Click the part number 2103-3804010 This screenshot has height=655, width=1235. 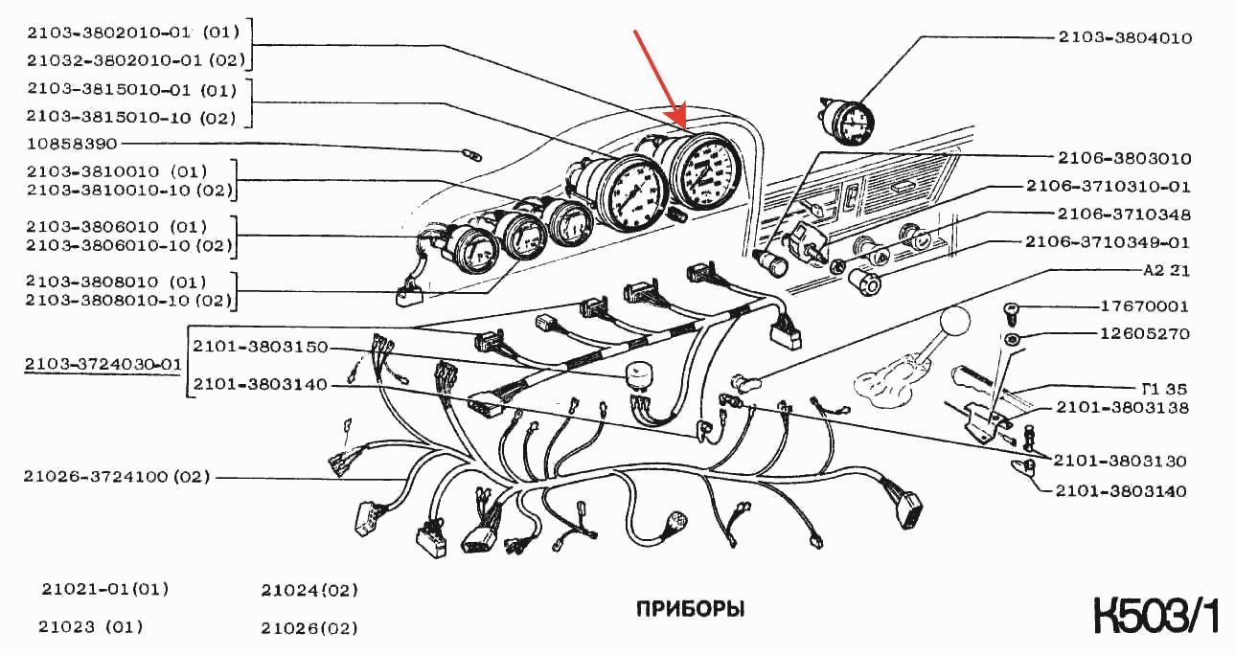[1124, 37]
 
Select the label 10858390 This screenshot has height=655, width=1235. [72, 144]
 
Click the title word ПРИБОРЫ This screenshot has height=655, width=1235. [690, 609]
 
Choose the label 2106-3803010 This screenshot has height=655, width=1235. [1124, 159]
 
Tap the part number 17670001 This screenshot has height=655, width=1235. [1144, 306]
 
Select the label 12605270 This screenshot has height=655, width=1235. [1145, 334]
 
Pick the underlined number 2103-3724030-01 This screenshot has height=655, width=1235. [103, 364]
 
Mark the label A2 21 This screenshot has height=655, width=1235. [1166, 270]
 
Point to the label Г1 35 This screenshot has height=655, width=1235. [1164, 389]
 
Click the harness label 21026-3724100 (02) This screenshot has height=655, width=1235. [116, 477]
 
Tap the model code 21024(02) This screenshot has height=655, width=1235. [309, 591]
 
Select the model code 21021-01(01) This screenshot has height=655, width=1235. [104, 590]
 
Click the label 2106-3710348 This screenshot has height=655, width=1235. [1124, 215]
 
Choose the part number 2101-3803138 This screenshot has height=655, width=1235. [1122, 408]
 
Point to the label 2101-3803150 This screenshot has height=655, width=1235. [261, 347]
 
